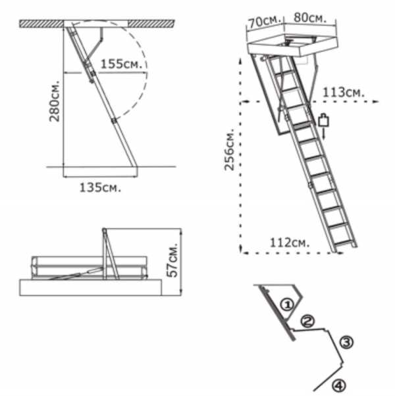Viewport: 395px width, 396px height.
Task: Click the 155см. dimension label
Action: [121, 64]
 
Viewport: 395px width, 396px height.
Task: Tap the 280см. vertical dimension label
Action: [55, 101]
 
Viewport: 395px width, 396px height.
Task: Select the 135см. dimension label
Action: [100, 187]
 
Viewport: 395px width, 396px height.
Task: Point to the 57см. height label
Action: [172, 260]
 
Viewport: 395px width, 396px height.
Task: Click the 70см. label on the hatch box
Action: [265, 22]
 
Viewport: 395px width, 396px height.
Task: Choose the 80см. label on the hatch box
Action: [310, 18]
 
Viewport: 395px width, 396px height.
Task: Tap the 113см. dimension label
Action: [344, 93]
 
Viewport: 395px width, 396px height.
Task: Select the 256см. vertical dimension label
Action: [230, 149]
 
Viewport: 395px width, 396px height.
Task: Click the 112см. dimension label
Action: [290, 243]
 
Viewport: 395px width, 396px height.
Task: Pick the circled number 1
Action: [287, 305]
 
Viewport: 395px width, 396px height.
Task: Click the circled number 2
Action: [307, 321]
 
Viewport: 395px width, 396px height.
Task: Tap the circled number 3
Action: [346, 342]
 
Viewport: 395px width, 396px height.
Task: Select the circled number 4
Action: [338, 385]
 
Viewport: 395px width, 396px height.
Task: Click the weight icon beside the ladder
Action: [323, 120]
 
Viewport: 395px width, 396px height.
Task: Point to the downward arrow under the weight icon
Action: [324, 134]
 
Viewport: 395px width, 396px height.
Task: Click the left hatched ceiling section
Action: [41, 24]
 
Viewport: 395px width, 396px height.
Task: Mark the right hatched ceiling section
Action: [151, 24]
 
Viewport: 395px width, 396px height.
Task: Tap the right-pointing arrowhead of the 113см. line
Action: [376, 101]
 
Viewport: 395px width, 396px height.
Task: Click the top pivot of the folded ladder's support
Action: [104, 230]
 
